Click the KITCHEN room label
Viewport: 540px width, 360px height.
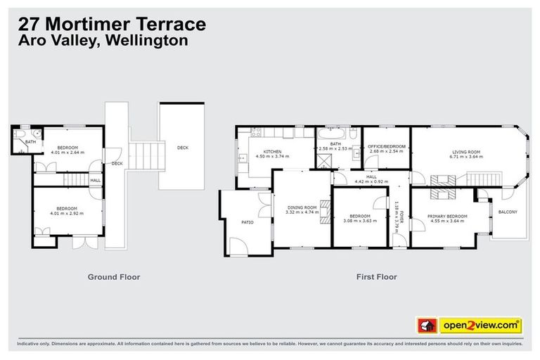(x=272, y=151)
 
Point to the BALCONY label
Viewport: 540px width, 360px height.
(x=508, y=212)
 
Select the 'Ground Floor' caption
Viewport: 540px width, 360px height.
(x=113, y=277)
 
